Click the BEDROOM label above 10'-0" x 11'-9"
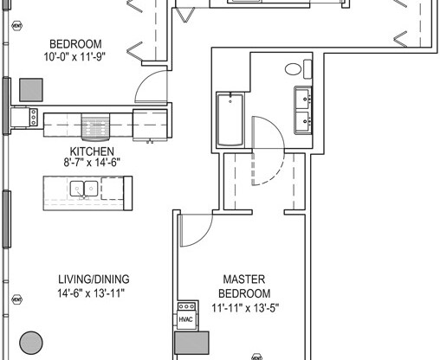[75, 44]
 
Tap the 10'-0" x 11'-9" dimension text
[75, 58]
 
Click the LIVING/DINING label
[94, 279]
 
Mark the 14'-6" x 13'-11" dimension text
[94, 292]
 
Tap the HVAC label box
[185, 319]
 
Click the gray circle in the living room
[32, 342]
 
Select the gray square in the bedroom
[31, 89]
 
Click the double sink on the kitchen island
[84, 187]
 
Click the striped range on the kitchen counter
[93, 122]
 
